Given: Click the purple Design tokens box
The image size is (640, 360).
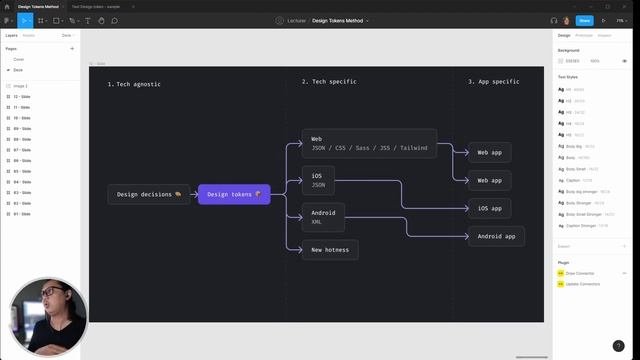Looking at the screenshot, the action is coord(234,194).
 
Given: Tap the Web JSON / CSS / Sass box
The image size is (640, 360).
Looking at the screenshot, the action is coord(369,143).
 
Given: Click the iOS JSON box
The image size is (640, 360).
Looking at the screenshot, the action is coord(318,180).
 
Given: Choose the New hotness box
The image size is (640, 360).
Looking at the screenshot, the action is coord(330,250).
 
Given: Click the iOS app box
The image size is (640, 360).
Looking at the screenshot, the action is coord(489,208).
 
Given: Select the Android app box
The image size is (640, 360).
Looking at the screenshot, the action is coord(496,237).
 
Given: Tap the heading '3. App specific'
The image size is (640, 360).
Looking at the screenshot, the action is coord(494,81).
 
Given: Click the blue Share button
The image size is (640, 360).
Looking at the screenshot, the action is coord(584,20).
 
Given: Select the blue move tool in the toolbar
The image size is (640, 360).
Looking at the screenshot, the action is coord(25,20).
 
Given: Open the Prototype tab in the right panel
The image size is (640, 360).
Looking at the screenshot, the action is coord(584,35).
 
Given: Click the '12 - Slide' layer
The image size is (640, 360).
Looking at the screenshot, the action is coord(22,96).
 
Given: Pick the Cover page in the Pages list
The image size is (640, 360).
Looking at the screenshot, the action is coord(19,59).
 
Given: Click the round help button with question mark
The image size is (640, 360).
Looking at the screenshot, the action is coord(619,346).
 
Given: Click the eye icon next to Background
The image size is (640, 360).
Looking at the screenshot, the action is coord(624,61).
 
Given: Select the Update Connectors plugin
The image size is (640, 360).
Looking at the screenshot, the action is coord(582,284).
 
